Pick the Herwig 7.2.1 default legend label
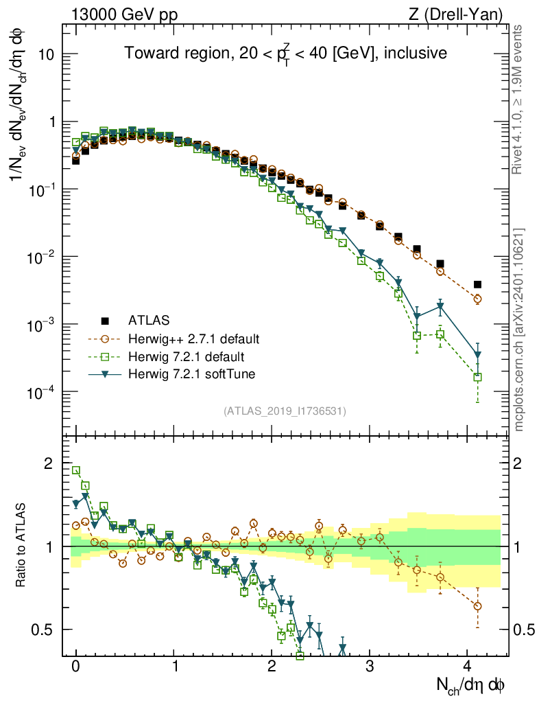point(186,356)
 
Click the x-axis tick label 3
point(370,666)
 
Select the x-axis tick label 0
point(75,666)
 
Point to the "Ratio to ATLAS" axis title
point(22,546)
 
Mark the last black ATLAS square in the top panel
point(477,284)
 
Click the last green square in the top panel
point(477,377)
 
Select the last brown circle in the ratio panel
point(477,606)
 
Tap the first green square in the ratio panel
point(76,470)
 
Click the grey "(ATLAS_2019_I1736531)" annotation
point(285,411)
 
